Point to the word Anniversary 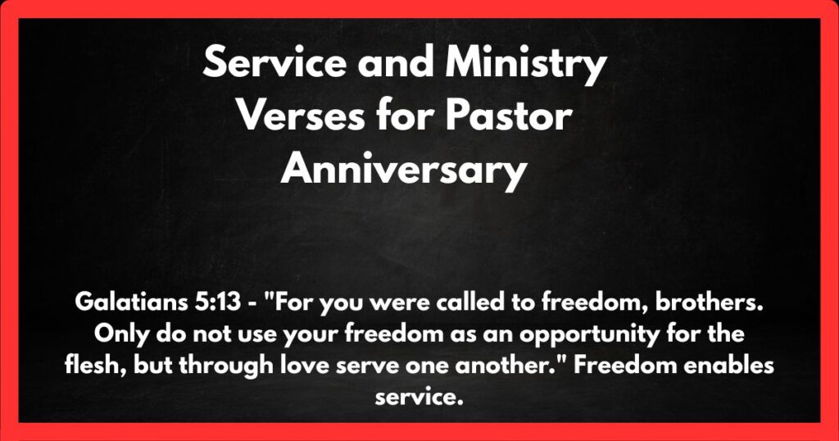[x=402, y=170]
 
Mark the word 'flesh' [x=88, y=366]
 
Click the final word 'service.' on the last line [x=419, y=397]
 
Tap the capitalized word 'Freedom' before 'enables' [x=615, y=366]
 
